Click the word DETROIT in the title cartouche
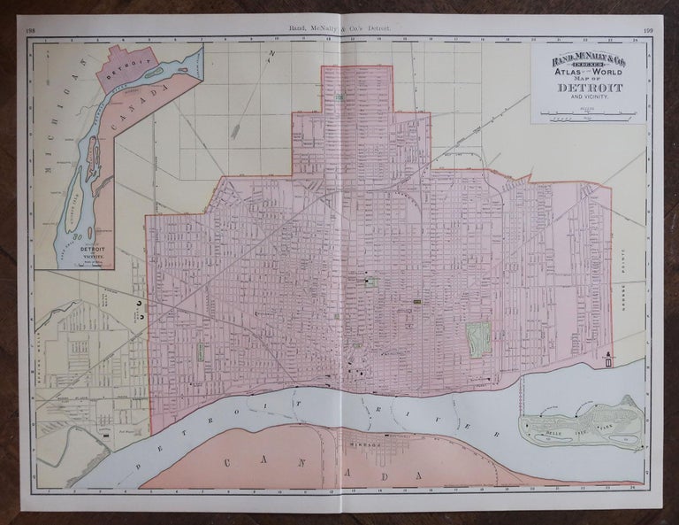(590, 89)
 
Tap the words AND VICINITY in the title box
(590, 98)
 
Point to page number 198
(31, 30)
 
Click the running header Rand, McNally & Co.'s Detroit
(339, 30)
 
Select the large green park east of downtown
(477, 337)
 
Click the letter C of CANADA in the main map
(228, 462)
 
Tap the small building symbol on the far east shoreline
(608, 359)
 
